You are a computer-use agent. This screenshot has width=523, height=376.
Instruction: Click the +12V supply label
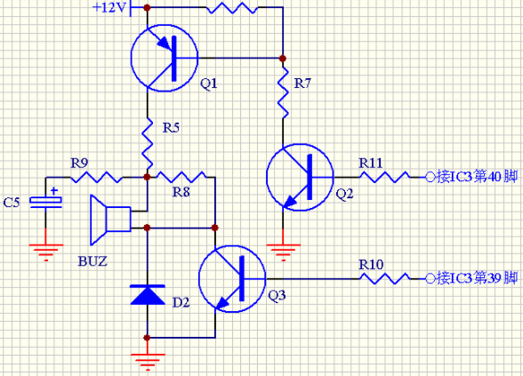pyautogui.click(x=109, y=7)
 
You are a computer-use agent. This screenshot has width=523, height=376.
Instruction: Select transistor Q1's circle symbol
pyautogui.click(x=131, y=58)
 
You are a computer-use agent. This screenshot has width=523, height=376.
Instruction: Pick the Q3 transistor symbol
pyautogui.click(x=198, y=279)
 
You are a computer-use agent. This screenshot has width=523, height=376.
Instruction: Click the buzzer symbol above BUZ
pyautogui.click(x=111, y=220)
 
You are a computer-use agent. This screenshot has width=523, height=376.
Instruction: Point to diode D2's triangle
pyautogui.click(x=147, y=295)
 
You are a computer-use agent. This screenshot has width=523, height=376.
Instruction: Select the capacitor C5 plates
pyautogui.click(x=45, y=203)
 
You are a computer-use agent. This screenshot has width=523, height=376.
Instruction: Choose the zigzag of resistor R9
pyautogui.click(x=96, y=177)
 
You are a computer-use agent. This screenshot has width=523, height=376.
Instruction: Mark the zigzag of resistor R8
pyautogui.click(x=181, y=177)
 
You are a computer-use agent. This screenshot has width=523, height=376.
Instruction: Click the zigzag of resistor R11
pyautogui.click(x=384, y=177)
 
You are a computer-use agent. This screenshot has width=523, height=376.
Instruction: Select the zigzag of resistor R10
pyautogui.click(x=384, y=279)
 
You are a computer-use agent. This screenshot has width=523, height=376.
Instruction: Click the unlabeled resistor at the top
pyautogui.click(x=232, y=8)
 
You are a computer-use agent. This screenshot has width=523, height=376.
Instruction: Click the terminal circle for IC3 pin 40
pyautogui.click(x=430, y=178)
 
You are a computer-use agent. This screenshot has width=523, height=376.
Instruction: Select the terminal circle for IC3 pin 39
pyautogui.click(x=430, y=279)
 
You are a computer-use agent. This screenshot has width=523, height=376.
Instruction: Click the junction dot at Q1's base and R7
pyautogui.click(x=283, y=59)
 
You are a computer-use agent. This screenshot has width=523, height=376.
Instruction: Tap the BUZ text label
pyautogui.click(x=93, y=261)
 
